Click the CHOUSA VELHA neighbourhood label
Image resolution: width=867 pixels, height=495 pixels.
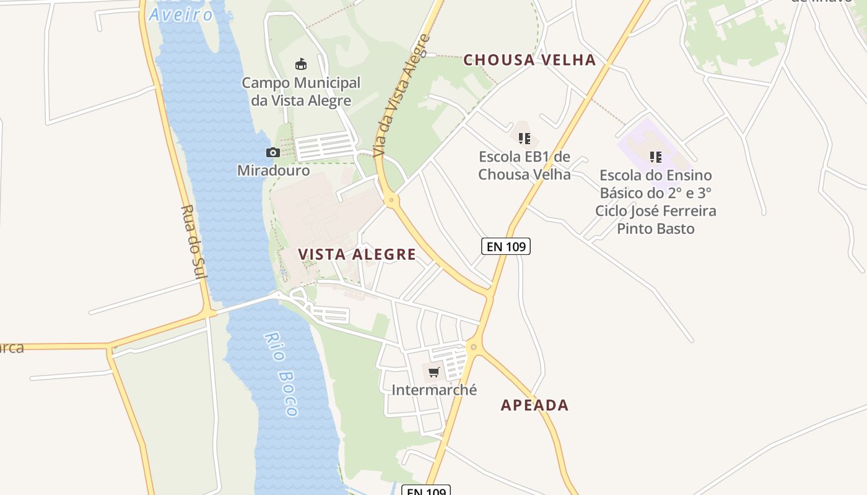[x=529, y=60]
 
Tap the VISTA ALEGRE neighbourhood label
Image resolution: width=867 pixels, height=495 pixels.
[x=357, y=254]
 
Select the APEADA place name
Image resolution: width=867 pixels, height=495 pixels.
[x=534, y=405]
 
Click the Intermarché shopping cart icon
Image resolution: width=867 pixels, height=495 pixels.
[x=434, y=372]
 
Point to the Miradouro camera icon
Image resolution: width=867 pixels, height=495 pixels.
[x=272, y=152]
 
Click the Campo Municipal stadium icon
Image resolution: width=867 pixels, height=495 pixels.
[x=301, y=64]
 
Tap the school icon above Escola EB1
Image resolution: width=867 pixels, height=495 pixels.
[x=525, y=138]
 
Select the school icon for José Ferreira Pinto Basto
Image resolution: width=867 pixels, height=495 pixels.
[x=655, y=157]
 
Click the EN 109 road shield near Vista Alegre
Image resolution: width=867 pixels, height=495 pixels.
[x=506, y=246]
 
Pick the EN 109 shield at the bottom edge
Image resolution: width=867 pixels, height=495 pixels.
[x=426, y=491]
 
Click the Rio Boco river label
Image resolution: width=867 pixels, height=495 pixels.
[x=282, y=374]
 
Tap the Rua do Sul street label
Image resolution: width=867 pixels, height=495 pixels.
[x=193, y=241]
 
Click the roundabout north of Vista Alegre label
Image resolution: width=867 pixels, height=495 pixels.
[x=391, y=200]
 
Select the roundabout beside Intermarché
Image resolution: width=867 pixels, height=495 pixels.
[x=474, y=347]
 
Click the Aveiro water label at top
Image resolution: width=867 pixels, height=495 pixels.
[x=181, y=14]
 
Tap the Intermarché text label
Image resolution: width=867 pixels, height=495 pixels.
[x=434, y=390]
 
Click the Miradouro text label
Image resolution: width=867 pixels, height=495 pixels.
[x=273, y=170]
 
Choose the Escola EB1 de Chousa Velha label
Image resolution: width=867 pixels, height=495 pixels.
[x=525, y=165]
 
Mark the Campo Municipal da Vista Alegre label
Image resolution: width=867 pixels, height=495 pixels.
[x=301, y=92]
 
